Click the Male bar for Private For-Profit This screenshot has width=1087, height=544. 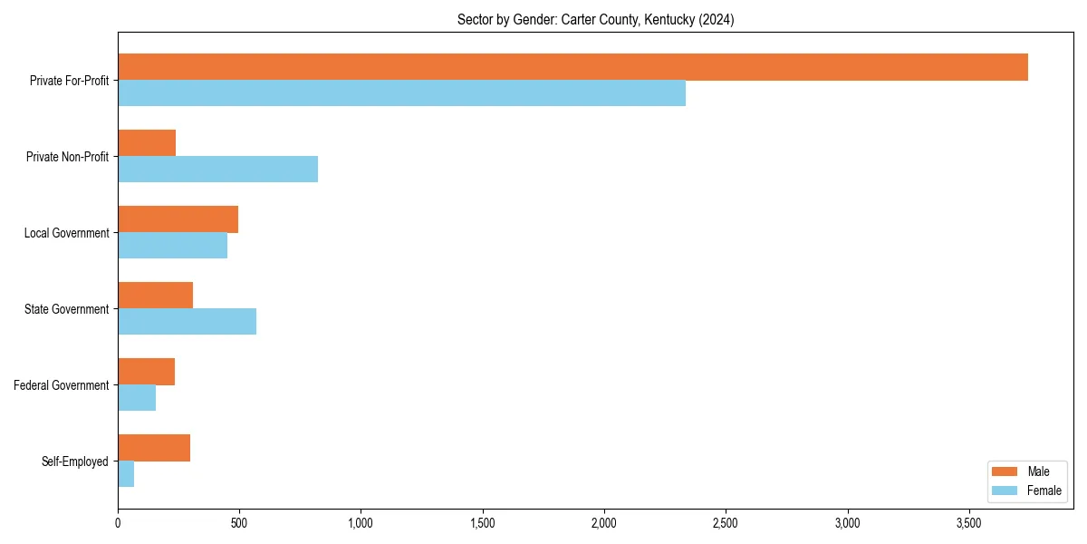tap(572, 67)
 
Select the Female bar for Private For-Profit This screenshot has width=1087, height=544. tap(401, 93)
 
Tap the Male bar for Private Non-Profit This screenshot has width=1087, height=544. tap(147, 143)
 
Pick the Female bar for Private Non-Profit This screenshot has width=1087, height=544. tap(217, 170)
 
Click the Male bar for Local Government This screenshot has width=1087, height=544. tap(178, 219)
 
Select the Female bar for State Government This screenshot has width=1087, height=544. tap(187, 322)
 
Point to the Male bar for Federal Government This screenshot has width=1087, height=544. tap(146, 372)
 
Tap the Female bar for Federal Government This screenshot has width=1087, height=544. tap(137, 398)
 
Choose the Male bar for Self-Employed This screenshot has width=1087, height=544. tap(154, 448)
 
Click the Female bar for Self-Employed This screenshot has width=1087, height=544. tap(126, 474)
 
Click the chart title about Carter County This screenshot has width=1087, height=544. tap(595, 20)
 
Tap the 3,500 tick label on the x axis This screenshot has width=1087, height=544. tap(969, 523)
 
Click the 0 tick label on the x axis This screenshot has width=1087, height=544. tap(118, 523)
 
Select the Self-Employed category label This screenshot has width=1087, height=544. tap(75, 461)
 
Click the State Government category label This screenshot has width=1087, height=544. tap(67, 309)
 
